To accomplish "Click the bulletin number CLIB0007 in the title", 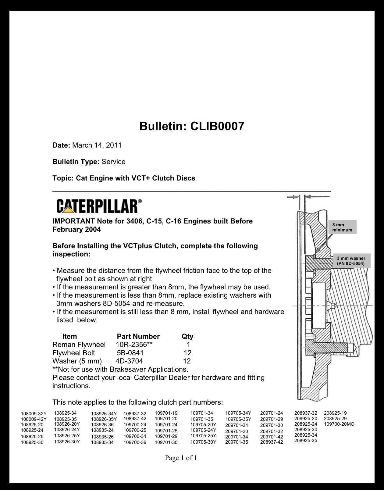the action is click(217, 126).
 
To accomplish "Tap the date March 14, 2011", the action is click(97, 145).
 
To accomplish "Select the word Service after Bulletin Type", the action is click(113, 162).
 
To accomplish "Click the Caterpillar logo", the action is click(99, 206).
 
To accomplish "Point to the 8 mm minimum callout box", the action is click(342, 227).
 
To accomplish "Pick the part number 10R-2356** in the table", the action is click(134, 345).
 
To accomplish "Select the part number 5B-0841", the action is click(130, 353).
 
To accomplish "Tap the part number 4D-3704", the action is click(129, 361).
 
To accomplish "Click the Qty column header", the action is click(187, 336).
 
